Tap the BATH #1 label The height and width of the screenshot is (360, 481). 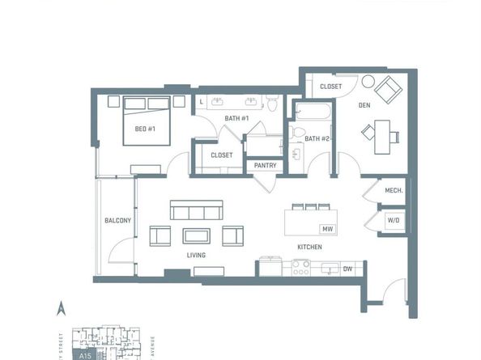[236, 120]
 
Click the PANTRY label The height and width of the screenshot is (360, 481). [265, 166]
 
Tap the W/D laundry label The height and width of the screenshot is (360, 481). [394, 219]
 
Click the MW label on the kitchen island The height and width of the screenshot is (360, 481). [328, 229]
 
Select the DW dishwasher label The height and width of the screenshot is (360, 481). [347, 269]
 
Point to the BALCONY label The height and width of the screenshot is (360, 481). [117, 221]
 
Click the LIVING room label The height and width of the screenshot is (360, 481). [196, 255]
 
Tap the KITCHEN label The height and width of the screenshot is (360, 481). [309, 247]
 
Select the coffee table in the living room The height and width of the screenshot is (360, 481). [196, 235]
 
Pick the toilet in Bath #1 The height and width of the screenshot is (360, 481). [273, 103]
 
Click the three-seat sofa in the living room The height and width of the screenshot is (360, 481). [196, 212]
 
